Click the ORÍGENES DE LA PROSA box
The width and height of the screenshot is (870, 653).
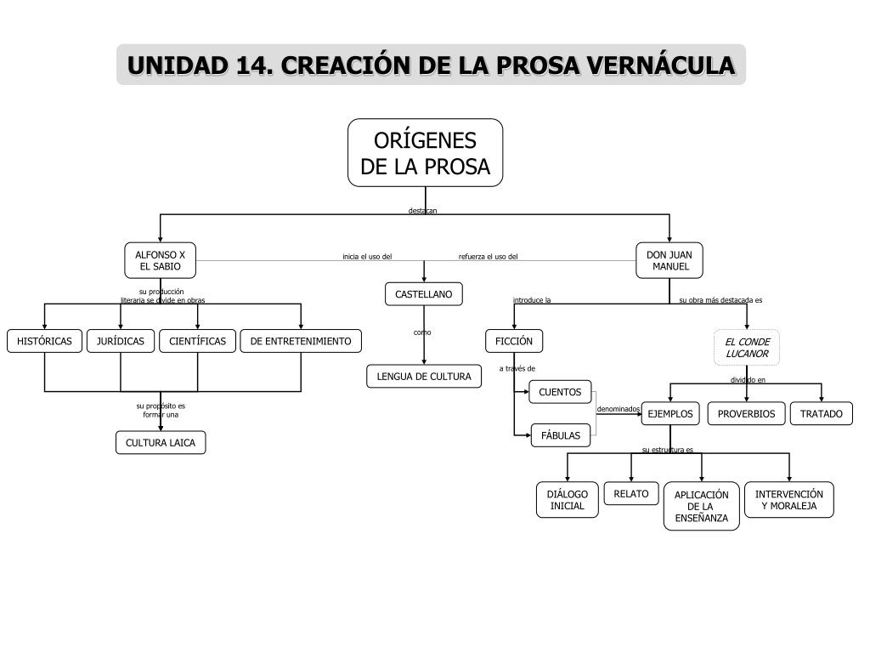coord(425,153)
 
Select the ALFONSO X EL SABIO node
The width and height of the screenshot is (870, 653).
coord(161,260)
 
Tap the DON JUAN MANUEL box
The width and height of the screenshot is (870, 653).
coord(669,260)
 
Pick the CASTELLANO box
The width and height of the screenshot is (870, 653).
coord(424,294)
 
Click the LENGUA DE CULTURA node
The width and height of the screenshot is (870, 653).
coord(424,377)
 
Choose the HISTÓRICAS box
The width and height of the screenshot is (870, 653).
coord(44,341)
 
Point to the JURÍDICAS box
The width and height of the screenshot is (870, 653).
coord(121,341)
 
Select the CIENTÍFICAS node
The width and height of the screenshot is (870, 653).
coord(197,341)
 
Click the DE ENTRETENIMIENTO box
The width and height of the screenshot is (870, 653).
coord(301,341)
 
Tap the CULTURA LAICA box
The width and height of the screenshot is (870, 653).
coord(161,442)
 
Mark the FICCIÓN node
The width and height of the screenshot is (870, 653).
coord(514,341)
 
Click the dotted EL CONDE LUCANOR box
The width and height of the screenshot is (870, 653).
coord(747,348)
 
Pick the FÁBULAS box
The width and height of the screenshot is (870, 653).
coord(561,436)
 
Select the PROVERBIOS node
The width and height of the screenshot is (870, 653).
coord(746,414)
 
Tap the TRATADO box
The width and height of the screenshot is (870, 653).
coord(822,414)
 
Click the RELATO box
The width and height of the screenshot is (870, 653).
coord(631,494)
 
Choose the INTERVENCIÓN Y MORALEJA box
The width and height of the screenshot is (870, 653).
coord(789,500)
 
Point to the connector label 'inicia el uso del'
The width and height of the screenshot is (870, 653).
coord(367,257)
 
